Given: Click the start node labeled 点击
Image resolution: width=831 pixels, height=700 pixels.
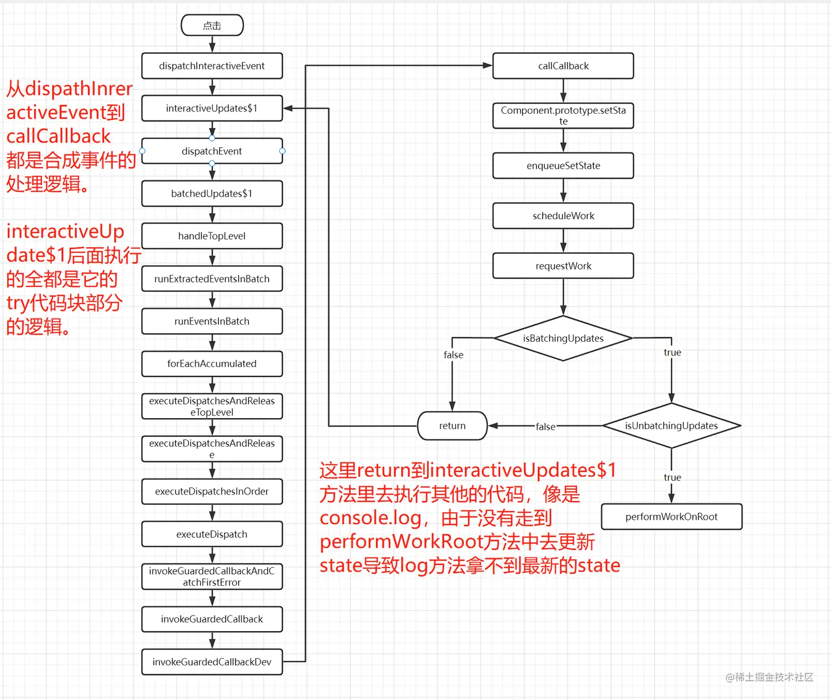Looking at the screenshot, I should pos(212,25).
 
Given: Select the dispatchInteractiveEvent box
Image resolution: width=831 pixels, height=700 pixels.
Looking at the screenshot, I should pos(212,66).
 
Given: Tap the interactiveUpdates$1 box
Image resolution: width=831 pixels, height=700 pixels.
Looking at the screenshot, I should pos(212,108).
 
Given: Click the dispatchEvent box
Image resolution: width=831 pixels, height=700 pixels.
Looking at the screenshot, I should pos(212,151).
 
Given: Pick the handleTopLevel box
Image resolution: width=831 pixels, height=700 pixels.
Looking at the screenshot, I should pos(212,236).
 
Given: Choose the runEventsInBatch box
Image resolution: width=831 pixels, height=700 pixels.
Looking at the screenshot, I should pos(212,321).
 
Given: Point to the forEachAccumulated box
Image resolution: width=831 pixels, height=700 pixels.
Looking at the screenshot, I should pos(212,364).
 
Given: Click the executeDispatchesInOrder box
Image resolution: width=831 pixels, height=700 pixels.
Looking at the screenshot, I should pos(212,491).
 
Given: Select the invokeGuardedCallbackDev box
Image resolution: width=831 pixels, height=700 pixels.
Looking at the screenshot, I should pos(212,662).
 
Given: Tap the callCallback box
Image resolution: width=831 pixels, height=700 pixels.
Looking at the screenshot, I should pos(563,66).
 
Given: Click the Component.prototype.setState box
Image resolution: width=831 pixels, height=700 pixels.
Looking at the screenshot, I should pos(563,115).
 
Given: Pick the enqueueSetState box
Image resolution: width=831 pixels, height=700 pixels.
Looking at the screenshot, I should pos(563,165).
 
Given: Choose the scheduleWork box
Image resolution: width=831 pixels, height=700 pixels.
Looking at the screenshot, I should pos(563,216).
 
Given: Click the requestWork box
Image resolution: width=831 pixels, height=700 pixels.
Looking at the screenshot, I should pos(563,266).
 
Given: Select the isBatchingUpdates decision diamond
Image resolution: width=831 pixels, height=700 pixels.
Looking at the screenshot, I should pos(563,338).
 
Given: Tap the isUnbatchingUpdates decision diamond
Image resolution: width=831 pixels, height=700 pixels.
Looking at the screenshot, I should pos(671,426).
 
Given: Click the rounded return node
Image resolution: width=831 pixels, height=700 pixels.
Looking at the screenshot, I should pos(452,426).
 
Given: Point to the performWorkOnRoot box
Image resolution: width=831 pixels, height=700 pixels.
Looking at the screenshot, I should pos(671,516).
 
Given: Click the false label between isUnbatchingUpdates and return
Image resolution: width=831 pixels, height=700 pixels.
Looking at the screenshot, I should pos(545,426).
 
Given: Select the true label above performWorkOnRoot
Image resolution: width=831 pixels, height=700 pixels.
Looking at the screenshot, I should pos(672,477).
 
